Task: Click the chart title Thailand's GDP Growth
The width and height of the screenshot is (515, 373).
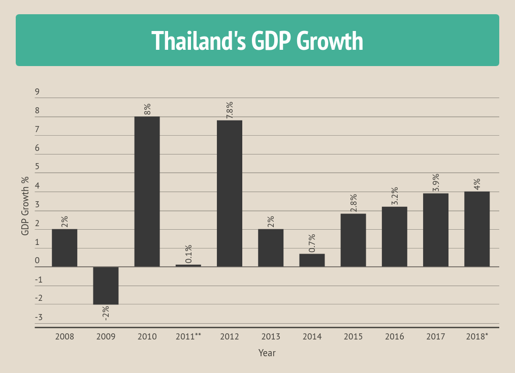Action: (x=257, y=41)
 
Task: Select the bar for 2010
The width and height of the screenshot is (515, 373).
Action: (x=147, y=192)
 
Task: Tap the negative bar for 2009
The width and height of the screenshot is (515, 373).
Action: (x=106, y=286)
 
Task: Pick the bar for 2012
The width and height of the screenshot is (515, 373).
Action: (x=230, y=193)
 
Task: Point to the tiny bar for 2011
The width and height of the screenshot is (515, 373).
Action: (x=188, y=265)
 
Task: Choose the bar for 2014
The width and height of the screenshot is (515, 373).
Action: (x=312, y=260)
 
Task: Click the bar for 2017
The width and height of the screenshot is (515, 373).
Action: (x=436, y=230)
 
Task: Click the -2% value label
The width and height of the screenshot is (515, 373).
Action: (x=106, y=313)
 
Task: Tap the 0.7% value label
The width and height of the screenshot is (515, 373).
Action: (x=312, y=243)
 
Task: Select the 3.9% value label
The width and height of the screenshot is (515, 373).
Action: (x=436, y=183)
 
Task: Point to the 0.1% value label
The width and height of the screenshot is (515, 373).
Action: (x=188, y=254)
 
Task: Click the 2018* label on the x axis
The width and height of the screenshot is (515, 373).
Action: (x=477, y=336)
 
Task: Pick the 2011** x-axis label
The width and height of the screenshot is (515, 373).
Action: (x=188, y=336)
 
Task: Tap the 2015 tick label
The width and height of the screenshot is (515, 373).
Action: (x=353, y=336)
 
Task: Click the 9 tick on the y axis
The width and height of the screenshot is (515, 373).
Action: (x=37, y=92)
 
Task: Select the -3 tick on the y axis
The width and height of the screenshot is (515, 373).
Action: (x=39, y=318)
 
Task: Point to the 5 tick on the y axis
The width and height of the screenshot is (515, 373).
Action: (x=37, y=167)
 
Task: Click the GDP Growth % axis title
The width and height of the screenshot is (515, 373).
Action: (x=25, y=205)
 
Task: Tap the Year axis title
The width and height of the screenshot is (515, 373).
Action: (x=267, y=353)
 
